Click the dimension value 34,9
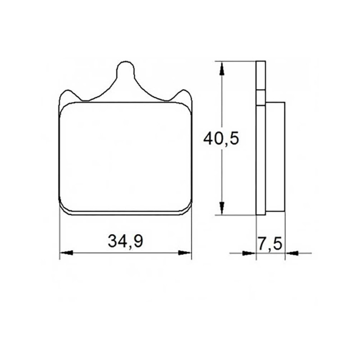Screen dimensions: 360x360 click(126, 242)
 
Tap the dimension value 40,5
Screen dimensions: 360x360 click(221, 139)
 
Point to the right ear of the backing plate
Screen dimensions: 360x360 click(183, 95)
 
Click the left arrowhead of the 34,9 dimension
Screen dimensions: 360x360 click(66, 252)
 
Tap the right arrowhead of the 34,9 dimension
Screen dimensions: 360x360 click(185, 252)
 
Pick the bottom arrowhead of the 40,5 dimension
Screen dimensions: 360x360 click(221, 208)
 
